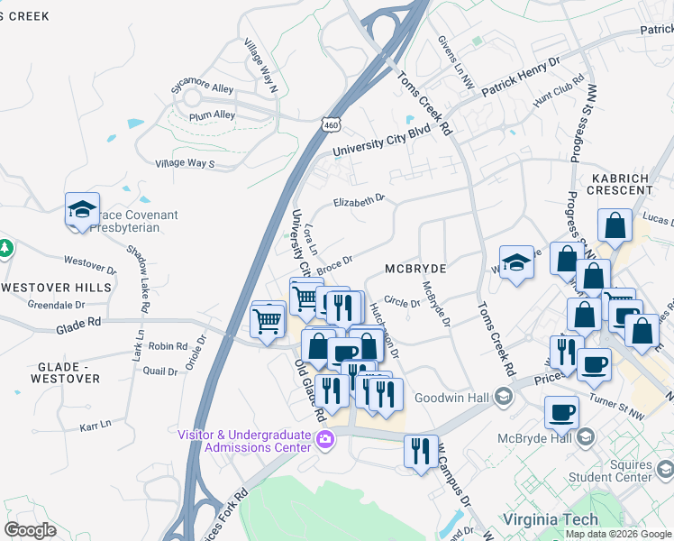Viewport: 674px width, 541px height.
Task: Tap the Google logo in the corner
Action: click(30, 529)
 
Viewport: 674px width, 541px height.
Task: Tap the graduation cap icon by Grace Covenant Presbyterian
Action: click(82, 211)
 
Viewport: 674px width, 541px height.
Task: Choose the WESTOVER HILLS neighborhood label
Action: click(56, 288)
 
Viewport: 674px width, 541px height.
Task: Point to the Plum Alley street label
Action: click(212, 115)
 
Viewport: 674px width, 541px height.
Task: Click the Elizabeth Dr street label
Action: click(359, 200)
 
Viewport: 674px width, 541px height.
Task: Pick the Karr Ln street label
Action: click(94, 423)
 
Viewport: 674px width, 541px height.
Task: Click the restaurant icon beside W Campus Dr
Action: click(421, 451)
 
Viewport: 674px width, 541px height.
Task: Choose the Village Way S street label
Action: click(185, 163)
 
